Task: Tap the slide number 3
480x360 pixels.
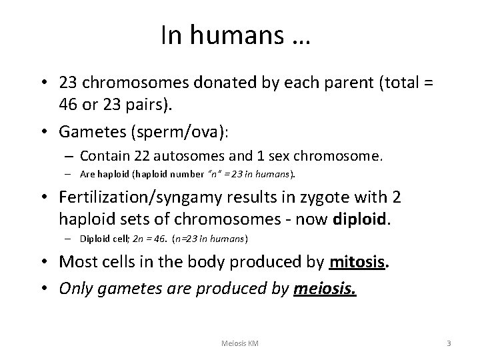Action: (x=449, y=343)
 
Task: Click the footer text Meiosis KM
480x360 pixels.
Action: (x=240, y=343)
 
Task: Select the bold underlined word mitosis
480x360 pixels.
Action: (x=358, y=261)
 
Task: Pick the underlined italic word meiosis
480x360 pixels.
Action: (x=325, y=289)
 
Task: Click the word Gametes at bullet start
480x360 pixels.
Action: (x=91, y=131)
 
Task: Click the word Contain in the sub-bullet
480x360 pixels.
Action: (x=103, y=157)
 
